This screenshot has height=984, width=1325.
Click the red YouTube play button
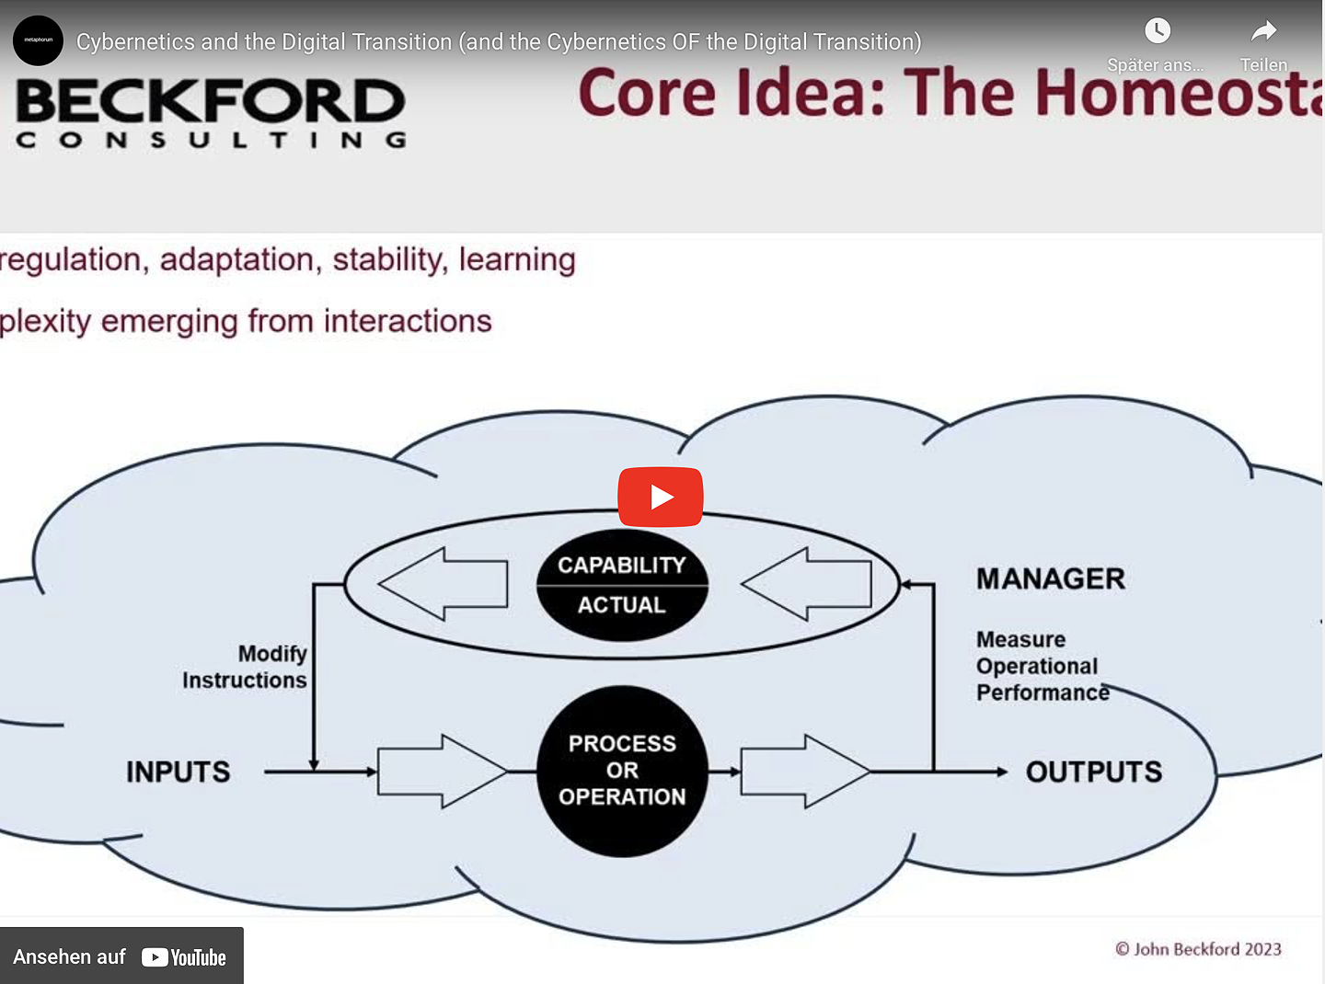[660, 497]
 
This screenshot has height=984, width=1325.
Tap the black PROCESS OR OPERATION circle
[622, 771]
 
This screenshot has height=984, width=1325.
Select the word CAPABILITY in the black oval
[622, 565]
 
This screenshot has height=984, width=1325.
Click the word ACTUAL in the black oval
[622, 605]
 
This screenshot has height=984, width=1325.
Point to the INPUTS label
[179, 772]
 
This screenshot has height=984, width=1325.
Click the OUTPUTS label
[1094, 772]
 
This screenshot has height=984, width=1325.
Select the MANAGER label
[1051, 578]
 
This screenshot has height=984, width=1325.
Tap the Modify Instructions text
[246, 667]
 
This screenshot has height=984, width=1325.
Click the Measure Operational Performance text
[1040, 666]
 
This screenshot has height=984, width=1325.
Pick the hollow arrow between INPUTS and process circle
[441, 772]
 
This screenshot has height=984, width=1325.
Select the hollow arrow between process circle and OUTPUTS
[804, 772]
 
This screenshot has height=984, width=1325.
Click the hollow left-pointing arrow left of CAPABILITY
[444, 584]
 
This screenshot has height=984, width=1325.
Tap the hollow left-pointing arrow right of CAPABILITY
[807, 584]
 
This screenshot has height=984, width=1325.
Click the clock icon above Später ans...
[1157, 31]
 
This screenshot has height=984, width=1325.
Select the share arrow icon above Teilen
[1263, 31]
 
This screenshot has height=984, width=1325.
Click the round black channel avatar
[38, 40]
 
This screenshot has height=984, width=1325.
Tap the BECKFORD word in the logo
[211, 101]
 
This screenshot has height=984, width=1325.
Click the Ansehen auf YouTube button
[121, 956]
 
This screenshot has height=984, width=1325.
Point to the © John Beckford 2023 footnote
[1198, 949]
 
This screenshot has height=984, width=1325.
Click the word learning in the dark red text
[517, 260]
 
